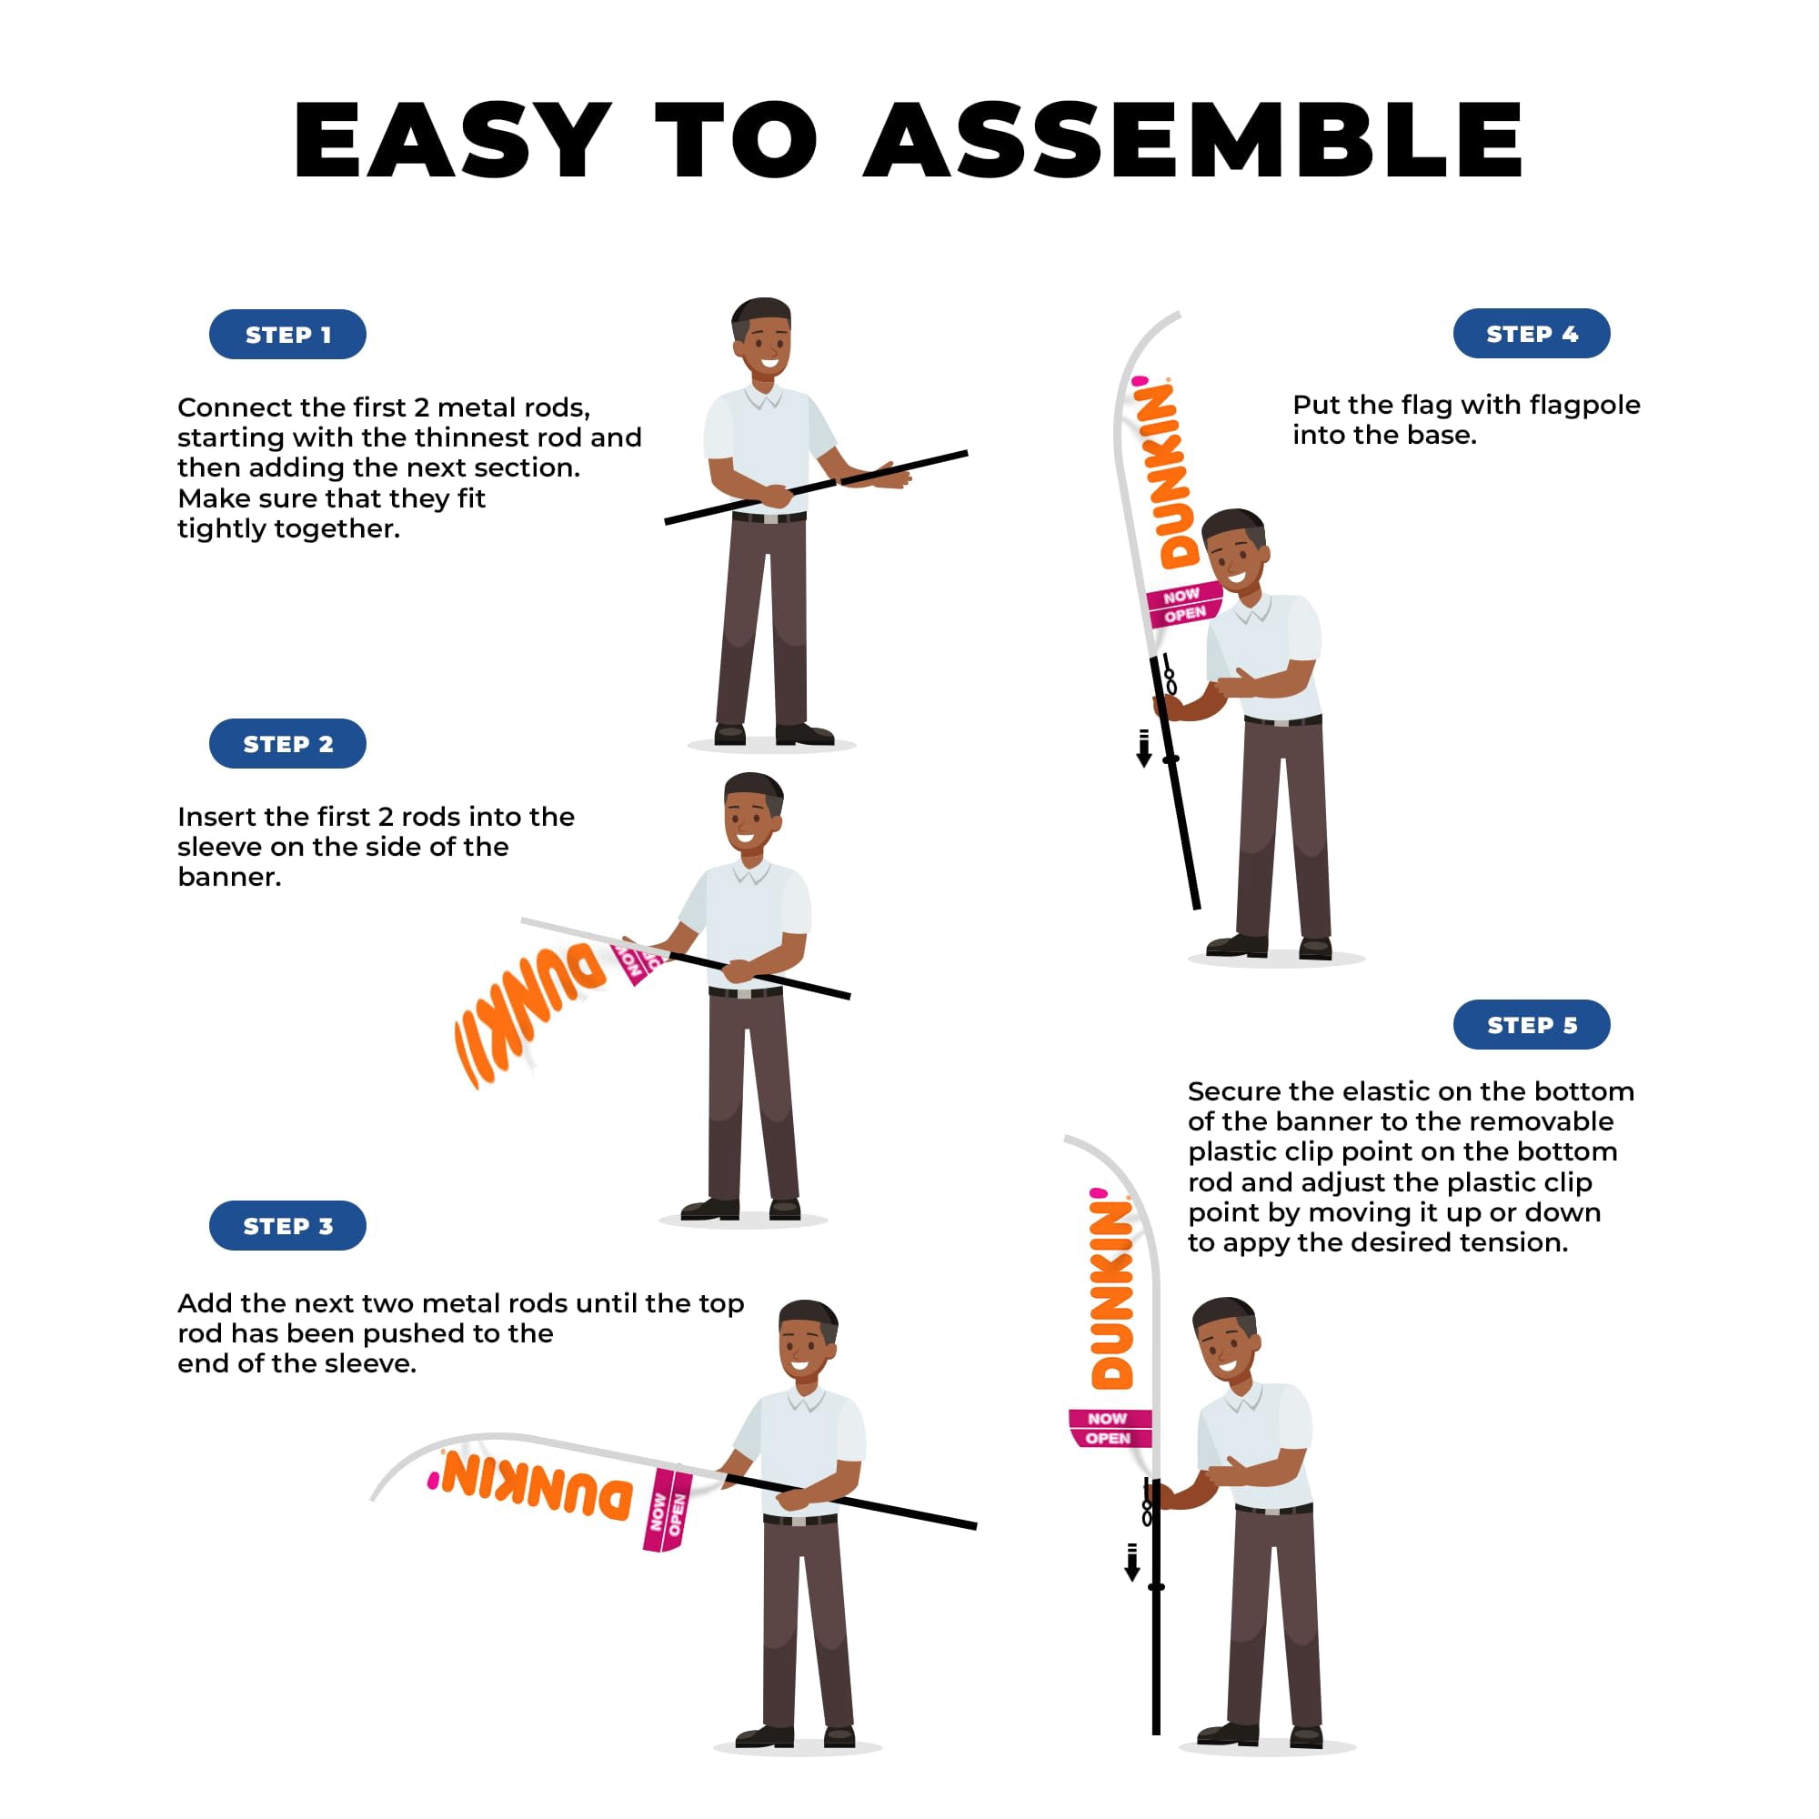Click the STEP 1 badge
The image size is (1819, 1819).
click(x=287, y=334)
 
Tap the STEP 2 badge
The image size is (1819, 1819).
click(x=287, y=744)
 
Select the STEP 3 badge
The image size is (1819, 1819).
click(x=287, y=1226)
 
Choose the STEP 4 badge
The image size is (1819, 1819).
click(x=1532, y=333)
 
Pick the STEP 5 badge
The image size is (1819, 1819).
click(x=1532, y=1024)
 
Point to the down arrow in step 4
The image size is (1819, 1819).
click(x=1144, y=749)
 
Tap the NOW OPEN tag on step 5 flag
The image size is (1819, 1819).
click(x=1109, y=1428)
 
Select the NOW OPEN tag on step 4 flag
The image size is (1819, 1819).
click(x=1183, y=605)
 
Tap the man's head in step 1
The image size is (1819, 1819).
click(x=761, y=338)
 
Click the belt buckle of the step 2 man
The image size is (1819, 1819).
click(x=746, y=992)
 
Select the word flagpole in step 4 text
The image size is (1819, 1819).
click(x=1584, y=406)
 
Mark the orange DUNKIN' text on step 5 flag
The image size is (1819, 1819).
click(x=1112, y=1289)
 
